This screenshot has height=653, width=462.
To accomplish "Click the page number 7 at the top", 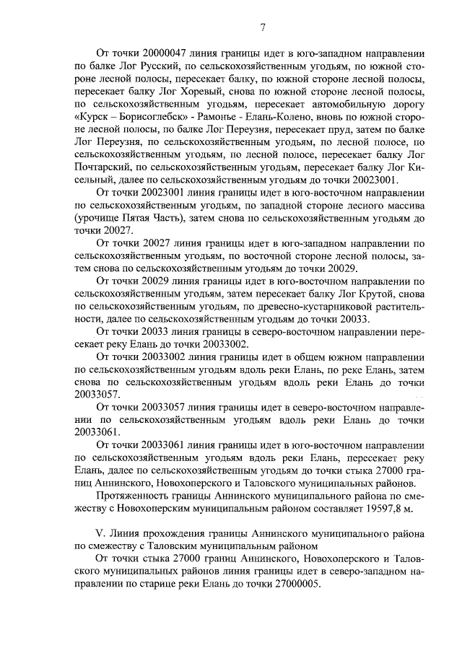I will click(x=263, y=28).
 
